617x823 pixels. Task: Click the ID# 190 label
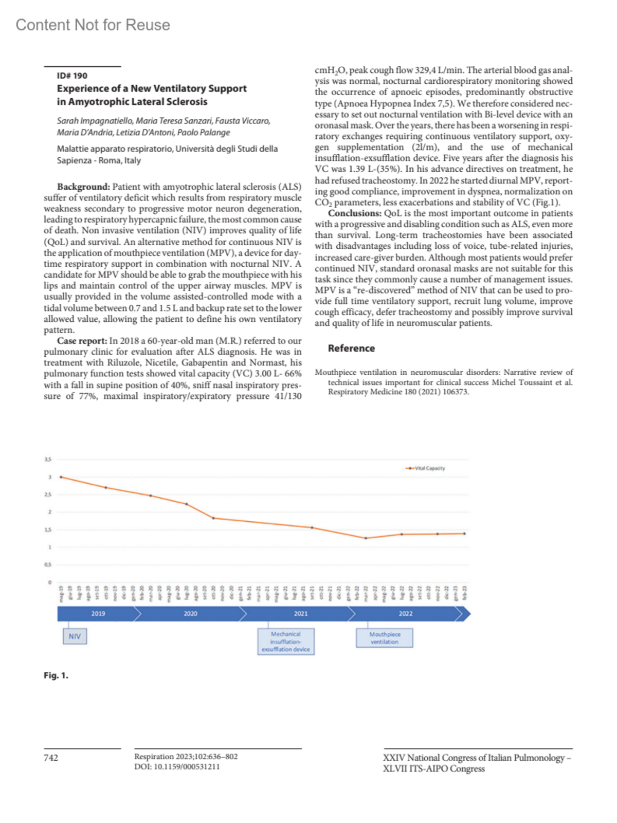pyautogui.click(x=72, y=76)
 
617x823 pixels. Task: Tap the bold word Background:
pyautogui.click(x=83, y=187)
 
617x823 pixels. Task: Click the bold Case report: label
pyautogui.click(x=82, y=341)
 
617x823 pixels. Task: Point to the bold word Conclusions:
pyautogui.click(x=355, y=213)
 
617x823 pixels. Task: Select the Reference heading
pyautogui.click(x=351, y=348)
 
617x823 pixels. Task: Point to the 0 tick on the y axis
pyautogui.click(x=50, y=582)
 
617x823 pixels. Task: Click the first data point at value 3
pyautogui.click(x=61, y=477)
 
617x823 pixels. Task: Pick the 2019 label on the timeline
pyautogui.click(x=98, y=614)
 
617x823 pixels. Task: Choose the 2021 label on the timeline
pyautogui.click(x=301, y=614)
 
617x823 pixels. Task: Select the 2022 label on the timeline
pyautogui.click(x=406, y=614)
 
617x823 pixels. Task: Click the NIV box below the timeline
pyautogui.click(x=75, y=636)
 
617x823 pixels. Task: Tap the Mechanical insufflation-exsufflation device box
pyautogui.click(x=286, y=642)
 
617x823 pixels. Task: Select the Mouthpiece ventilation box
pyautogui.click(x=385, y=638)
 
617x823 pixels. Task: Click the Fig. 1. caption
pyautogui.click(x=56, y=675)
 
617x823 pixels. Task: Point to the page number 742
pyautogui.click(x=51, y=758)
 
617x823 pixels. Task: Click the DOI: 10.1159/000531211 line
pyautogui.click(x=177, y=766)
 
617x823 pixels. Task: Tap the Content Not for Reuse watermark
pyautogui.click(x=93, y=25)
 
